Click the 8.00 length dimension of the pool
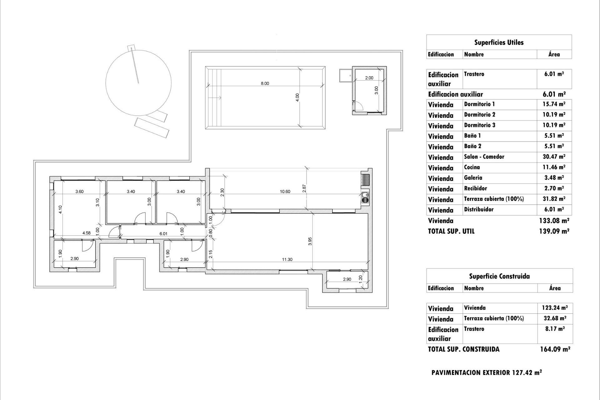click(265, 83)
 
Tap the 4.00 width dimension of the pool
click(297, 97)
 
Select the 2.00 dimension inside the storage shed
click(369, 78)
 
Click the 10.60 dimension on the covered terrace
click(285, 192)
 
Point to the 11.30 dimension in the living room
click(287, 259)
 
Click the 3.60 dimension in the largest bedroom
click(79, 192)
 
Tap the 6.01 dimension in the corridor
click(163, 233)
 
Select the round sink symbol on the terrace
click(365, 197)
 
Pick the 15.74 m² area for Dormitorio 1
click(554, 104)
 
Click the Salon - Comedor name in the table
click(484, 157)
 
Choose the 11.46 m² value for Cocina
click(554, 167)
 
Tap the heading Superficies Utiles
click(499, 42)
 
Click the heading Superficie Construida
click(499, 276)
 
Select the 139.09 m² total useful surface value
click(554, 231)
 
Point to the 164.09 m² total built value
click(555, 349)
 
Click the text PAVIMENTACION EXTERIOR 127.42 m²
click(486, 372)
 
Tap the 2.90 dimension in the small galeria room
click(347, 279)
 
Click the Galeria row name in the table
click(473, 178)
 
